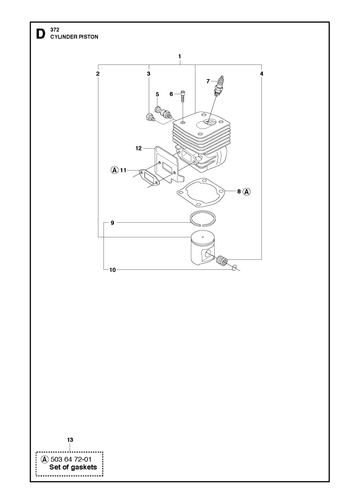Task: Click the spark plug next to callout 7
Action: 218,86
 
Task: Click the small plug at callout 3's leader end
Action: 149,117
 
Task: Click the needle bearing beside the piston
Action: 221,259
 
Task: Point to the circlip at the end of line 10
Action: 235,267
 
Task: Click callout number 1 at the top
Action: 180,56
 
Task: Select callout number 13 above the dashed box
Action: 70,440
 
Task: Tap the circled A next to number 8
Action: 247,192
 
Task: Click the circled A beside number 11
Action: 114,170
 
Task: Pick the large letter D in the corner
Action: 40,34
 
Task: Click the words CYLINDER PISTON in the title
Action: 74,37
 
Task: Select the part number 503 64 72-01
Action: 71,459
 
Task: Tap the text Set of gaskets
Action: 73,467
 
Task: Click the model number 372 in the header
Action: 54,30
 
